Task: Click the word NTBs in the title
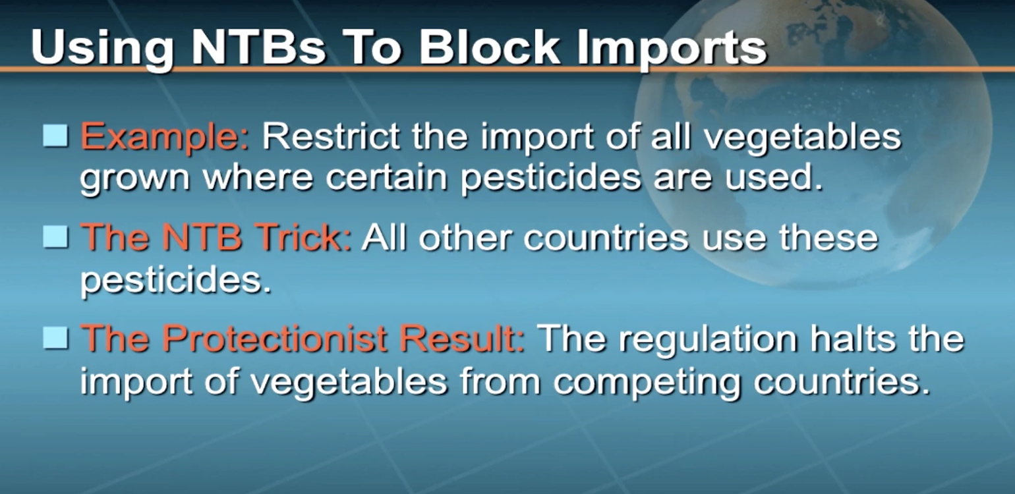(x=258, y=47)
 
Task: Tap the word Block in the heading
(x=489, y=47)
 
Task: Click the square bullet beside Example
(x=56, y=136)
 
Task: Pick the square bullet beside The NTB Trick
(x=56, y=237)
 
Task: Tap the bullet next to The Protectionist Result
(x=56, y=338)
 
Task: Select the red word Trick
(x=303, y=237)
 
